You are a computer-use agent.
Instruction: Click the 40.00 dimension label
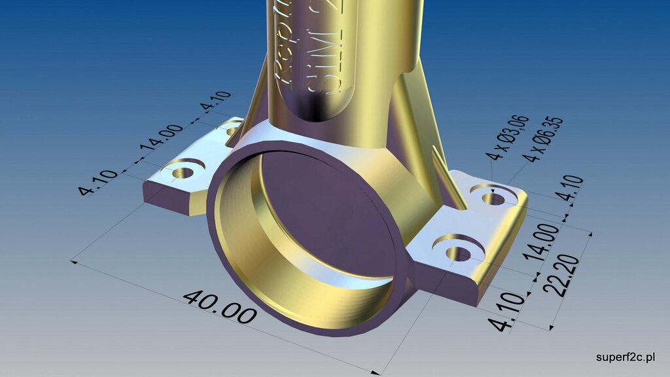[x=219, y=308]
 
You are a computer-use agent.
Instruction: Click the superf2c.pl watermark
[x=626, y=357]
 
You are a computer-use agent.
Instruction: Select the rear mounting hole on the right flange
[x=493, y=197]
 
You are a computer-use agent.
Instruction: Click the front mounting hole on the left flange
[x=183, y=173]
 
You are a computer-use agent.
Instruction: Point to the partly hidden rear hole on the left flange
[x=231, y=130]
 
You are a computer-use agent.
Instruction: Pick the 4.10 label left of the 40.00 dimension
[x=98, y=183]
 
